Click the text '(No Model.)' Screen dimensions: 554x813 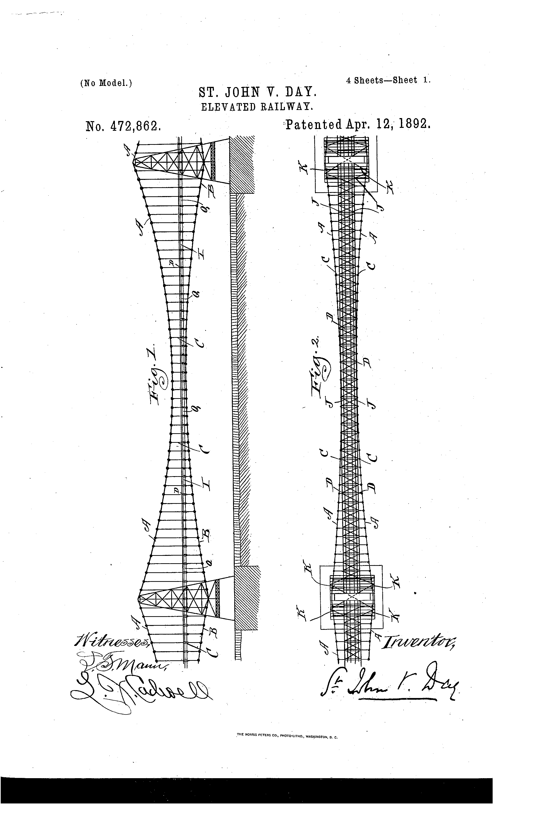[x=106, y=83]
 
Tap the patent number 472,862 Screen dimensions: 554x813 [x=123, y=125]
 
